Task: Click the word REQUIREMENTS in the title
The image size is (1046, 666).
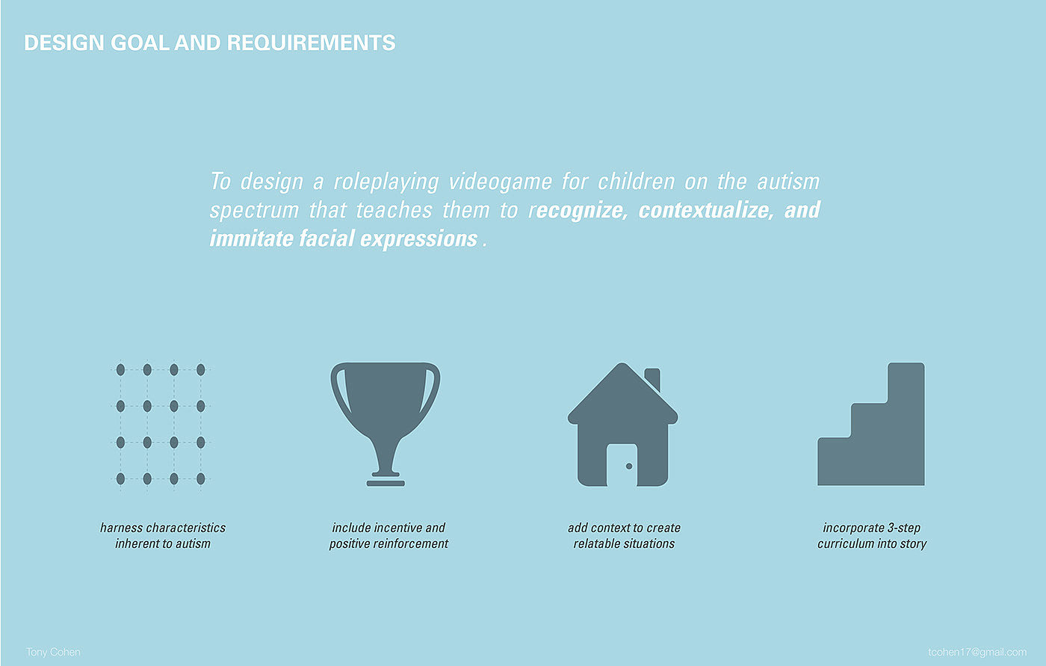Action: click(311, 43)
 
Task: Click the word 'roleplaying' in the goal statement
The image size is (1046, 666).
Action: click(386, 182)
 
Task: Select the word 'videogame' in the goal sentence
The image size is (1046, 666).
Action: click(500, 182)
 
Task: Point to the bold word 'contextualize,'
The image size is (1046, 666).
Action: click(706, 210)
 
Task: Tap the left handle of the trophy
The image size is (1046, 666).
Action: click(338, 392)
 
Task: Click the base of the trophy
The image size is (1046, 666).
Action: click(386, 484)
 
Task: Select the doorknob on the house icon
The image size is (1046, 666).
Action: click(629, 466)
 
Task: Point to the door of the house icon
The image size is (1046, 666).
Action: click(622, 465)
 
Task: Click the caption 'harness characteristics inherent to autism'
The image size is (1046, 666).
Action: click(163, 536)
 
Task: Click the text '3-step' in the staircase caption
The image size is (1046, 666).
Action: click(903, 528)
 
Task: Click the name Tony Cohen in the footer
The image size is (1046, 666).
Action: click(53, 652)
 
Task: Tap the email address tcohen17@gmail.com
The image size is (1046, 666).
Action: click(977, 652)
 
